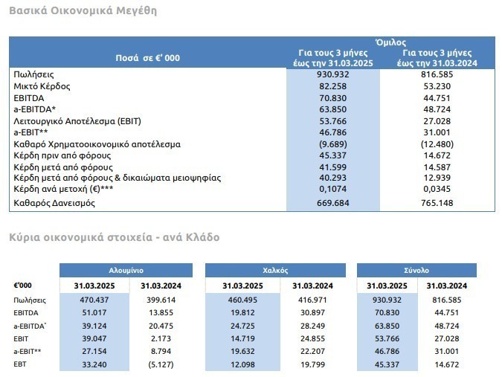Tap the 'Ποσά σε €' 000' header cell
click(x=147, y=58)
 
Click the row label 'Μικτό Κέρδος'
click(x=41, y=86)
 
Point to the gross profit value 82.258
click(x=333, y=86)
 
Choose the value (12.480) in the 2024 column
click(x=437, y=144)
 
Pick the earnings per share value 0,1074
click(x=333, y=190)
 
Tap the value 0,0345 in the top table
click(x=437, y=190)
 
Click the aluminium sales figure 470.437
click(x=94, y=300)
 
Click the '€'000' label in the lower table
click(x=22, y=286)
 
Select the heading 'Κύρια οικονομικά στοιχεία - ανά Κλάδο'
click(x=114, y=237)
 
